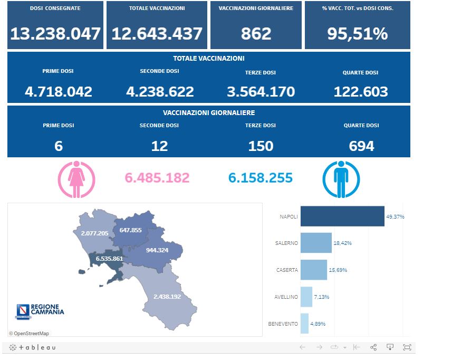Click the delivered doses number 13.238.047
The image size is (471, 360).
point(55,34)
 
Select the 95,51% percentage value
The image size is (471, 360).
point(357,34)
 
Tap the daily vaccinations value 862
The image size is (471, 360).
point(256,34)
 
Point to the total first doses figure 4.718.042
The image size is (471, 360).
point(59,92)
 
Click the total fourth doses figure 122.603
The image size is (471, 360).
point(361,92)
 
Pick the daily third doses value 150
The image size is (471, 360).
point(261,146)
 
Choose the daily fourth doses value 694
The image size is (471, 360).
point(361,146)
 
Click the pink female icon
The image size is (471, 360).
point(76,180)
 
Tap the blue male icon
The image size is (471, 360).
point(341,180)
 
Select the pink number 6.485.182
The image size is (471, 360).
point(157,178)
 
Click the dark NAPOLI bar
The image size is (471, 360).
point(342,216)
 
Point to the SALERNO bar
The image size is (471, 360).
point(316,243)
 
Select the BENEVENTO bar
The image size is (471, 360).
point(304,324)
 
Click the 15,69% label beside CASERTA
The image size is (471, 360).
point(338,270)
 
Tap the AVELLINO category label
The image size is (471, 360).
point(286,297)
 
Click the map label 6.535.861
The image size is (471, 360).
point(109,259)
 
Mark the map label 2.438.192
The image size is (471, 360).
point(167,297)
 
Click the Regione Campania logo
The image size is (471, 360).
point(40,311)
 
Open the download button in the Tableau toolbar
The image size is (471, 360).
point(390,347)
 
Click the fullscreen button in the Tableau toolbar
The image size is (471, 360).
point(407,347)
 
